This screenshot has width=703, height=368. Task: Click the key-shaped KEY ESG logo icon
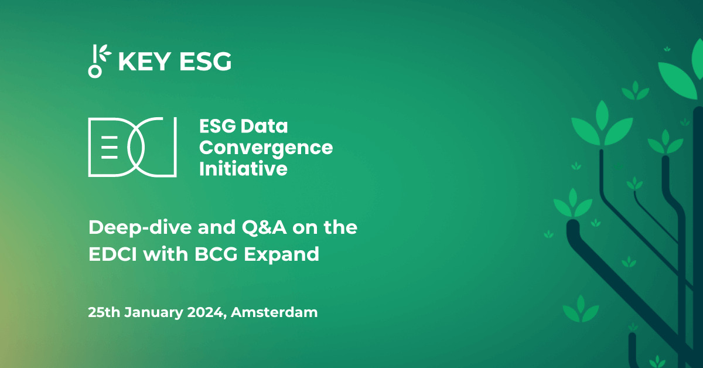[98, 60]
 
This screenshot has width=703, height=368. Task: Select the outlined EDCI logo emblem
[132, 146]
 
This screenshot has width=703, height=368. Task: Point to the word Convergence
[266, 148]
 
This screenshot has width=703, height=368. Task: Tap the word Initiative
[243, 169]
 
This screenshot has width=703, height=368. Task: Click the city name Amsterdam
[274, 312]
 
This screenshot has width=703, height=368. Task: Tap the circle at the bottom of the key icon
[94, 71]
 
